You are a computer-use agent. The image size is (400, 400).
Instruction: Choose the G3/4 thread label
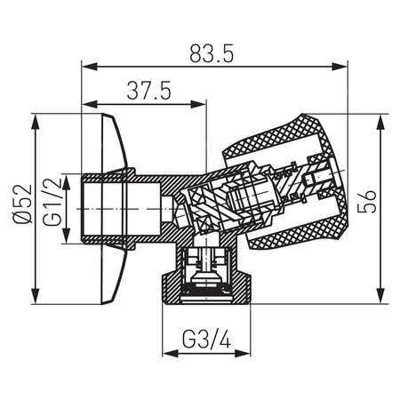(207, 340)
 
